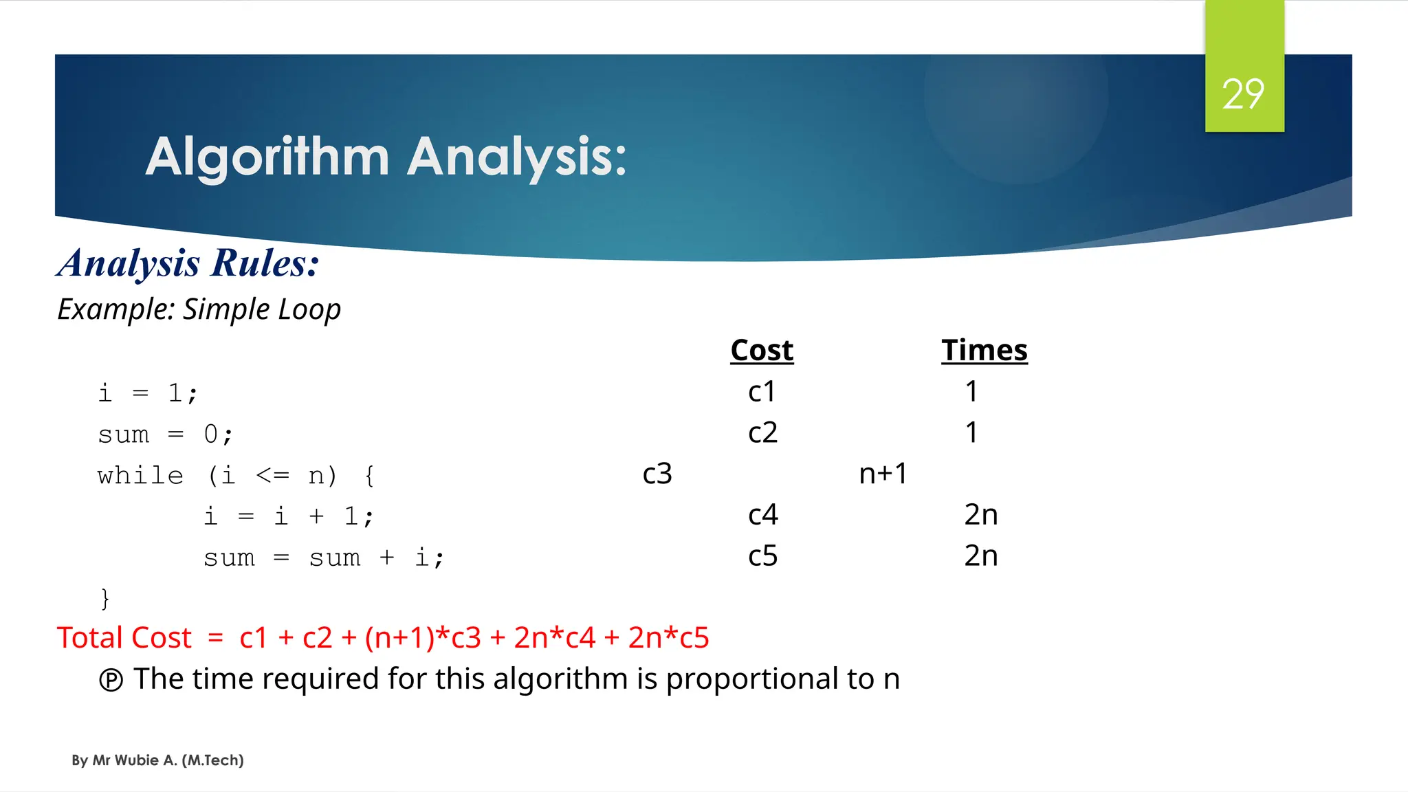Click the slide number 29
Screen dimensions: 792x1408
[x=1243, y=94]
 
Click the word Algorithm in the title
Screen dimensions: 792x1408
[x=267, y=157]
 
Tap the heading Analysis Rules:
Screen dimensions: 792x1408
[x=188, y=263]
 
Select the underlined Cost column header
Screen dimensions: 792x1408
[x=762, y=351]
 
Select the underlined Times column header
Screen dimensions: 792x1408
[x=984, y=351]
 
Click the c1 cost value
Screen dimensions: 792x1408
[x=762, y=392]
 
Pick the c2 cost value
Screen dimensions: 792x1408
[x=762, y=433]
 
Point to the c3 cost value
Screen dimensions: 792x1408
[x=657, y=474]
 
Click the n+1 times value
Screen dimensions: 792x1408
[x=883, y=474]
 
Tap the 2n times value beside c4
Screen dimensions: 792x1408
[x=980, y=515]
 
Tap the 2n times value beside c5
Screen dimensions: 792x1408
[x=980, y=556]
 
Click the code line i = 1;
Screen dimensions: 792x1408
[x=148, y=393]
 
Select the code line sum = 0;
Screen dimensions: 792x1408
[x=165, y=434]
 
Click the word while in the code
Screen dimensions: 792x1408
[x=140, y=476]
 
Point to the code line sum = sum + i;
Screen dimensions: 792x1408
[x=324, y=558]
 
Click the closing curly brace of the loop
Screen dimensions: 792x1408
[x=104, y=598]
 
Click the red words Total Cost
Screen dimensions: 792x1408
[x=124, y=638]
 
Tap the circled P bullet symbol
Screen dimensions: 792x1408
[x=111, y=680]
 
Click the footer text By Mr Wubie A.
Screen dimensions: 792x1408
[x=157, y=760]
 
